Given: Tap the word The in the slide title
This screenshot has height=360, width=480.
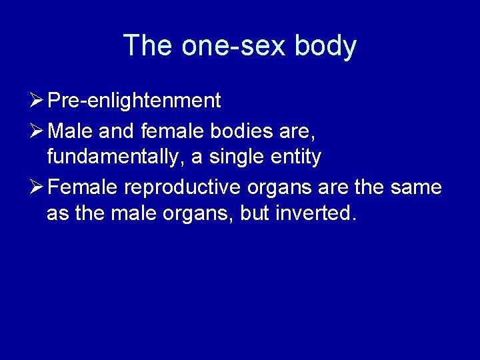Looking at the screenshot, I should pos(146,46).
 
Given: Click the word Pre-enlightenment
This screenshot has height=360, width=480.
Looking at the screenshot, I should pos(134,101).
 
